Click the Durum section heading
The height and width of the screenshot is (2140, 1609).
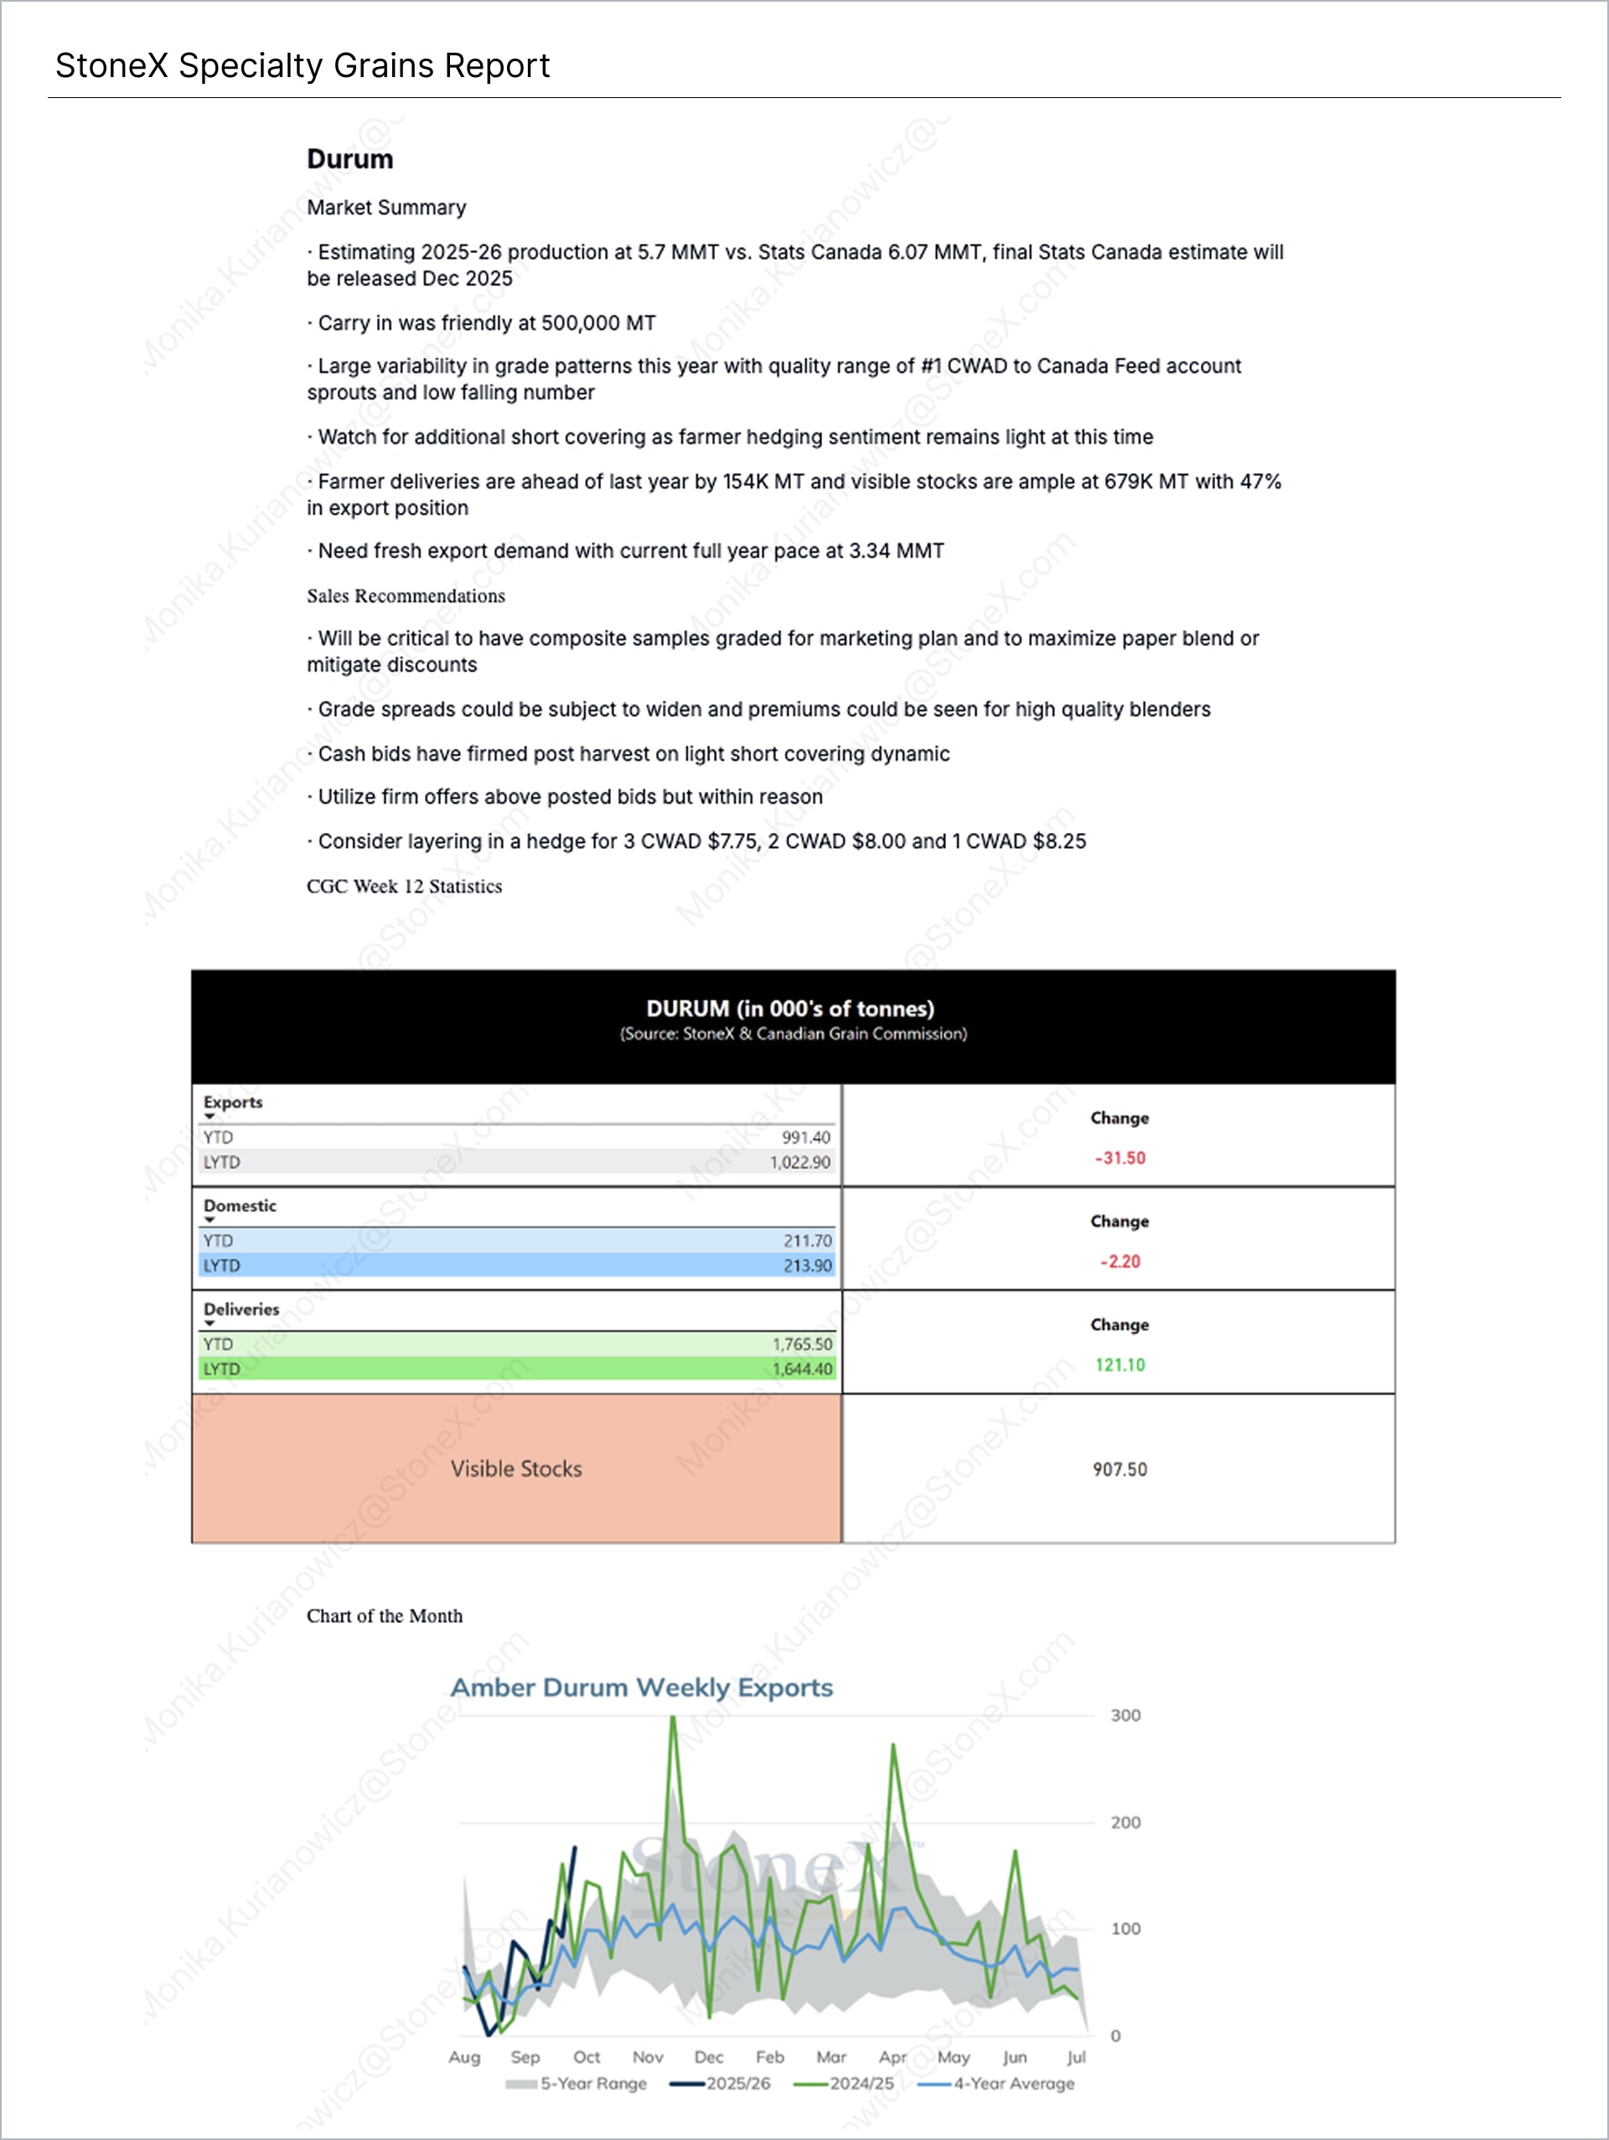pos(349,160)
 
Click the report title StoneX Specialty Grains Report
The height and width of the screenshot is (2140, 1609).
pos(302,66)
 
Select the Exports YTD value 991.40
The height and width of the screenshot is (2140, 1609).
pos(805,1138)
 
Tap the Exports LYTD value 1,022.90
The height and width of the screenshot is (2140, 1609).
pos(799,1162)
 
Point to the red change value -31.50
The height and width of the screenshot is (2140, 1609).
pos(1120,1158)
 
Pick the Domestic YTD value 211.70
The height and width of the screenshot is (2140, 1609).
pos(807,1240)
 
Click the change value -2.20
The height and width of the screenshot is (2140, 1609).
pos(1120,1262)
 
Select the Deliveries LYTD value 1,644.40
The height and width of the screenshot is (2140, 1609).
pos(801,1369)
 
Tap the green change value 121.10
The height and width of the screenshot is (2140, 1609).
pos(1120,1365)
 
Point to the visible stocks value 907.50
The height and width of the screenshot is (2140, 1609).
pos(1120,1470)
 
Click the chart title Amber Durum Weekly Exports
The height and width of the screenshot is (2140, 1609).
pos(641,1688)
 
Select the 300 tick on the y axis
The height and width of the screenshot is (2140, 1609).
pos(1125,1715)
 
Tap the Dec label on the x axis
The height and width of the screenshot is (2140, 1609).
pos(708,2057)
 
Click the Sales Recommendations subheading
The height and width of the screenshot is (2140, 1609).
pos(406,596)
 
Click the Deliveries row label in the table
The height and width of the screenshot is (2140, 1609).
pos(241,1309)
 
